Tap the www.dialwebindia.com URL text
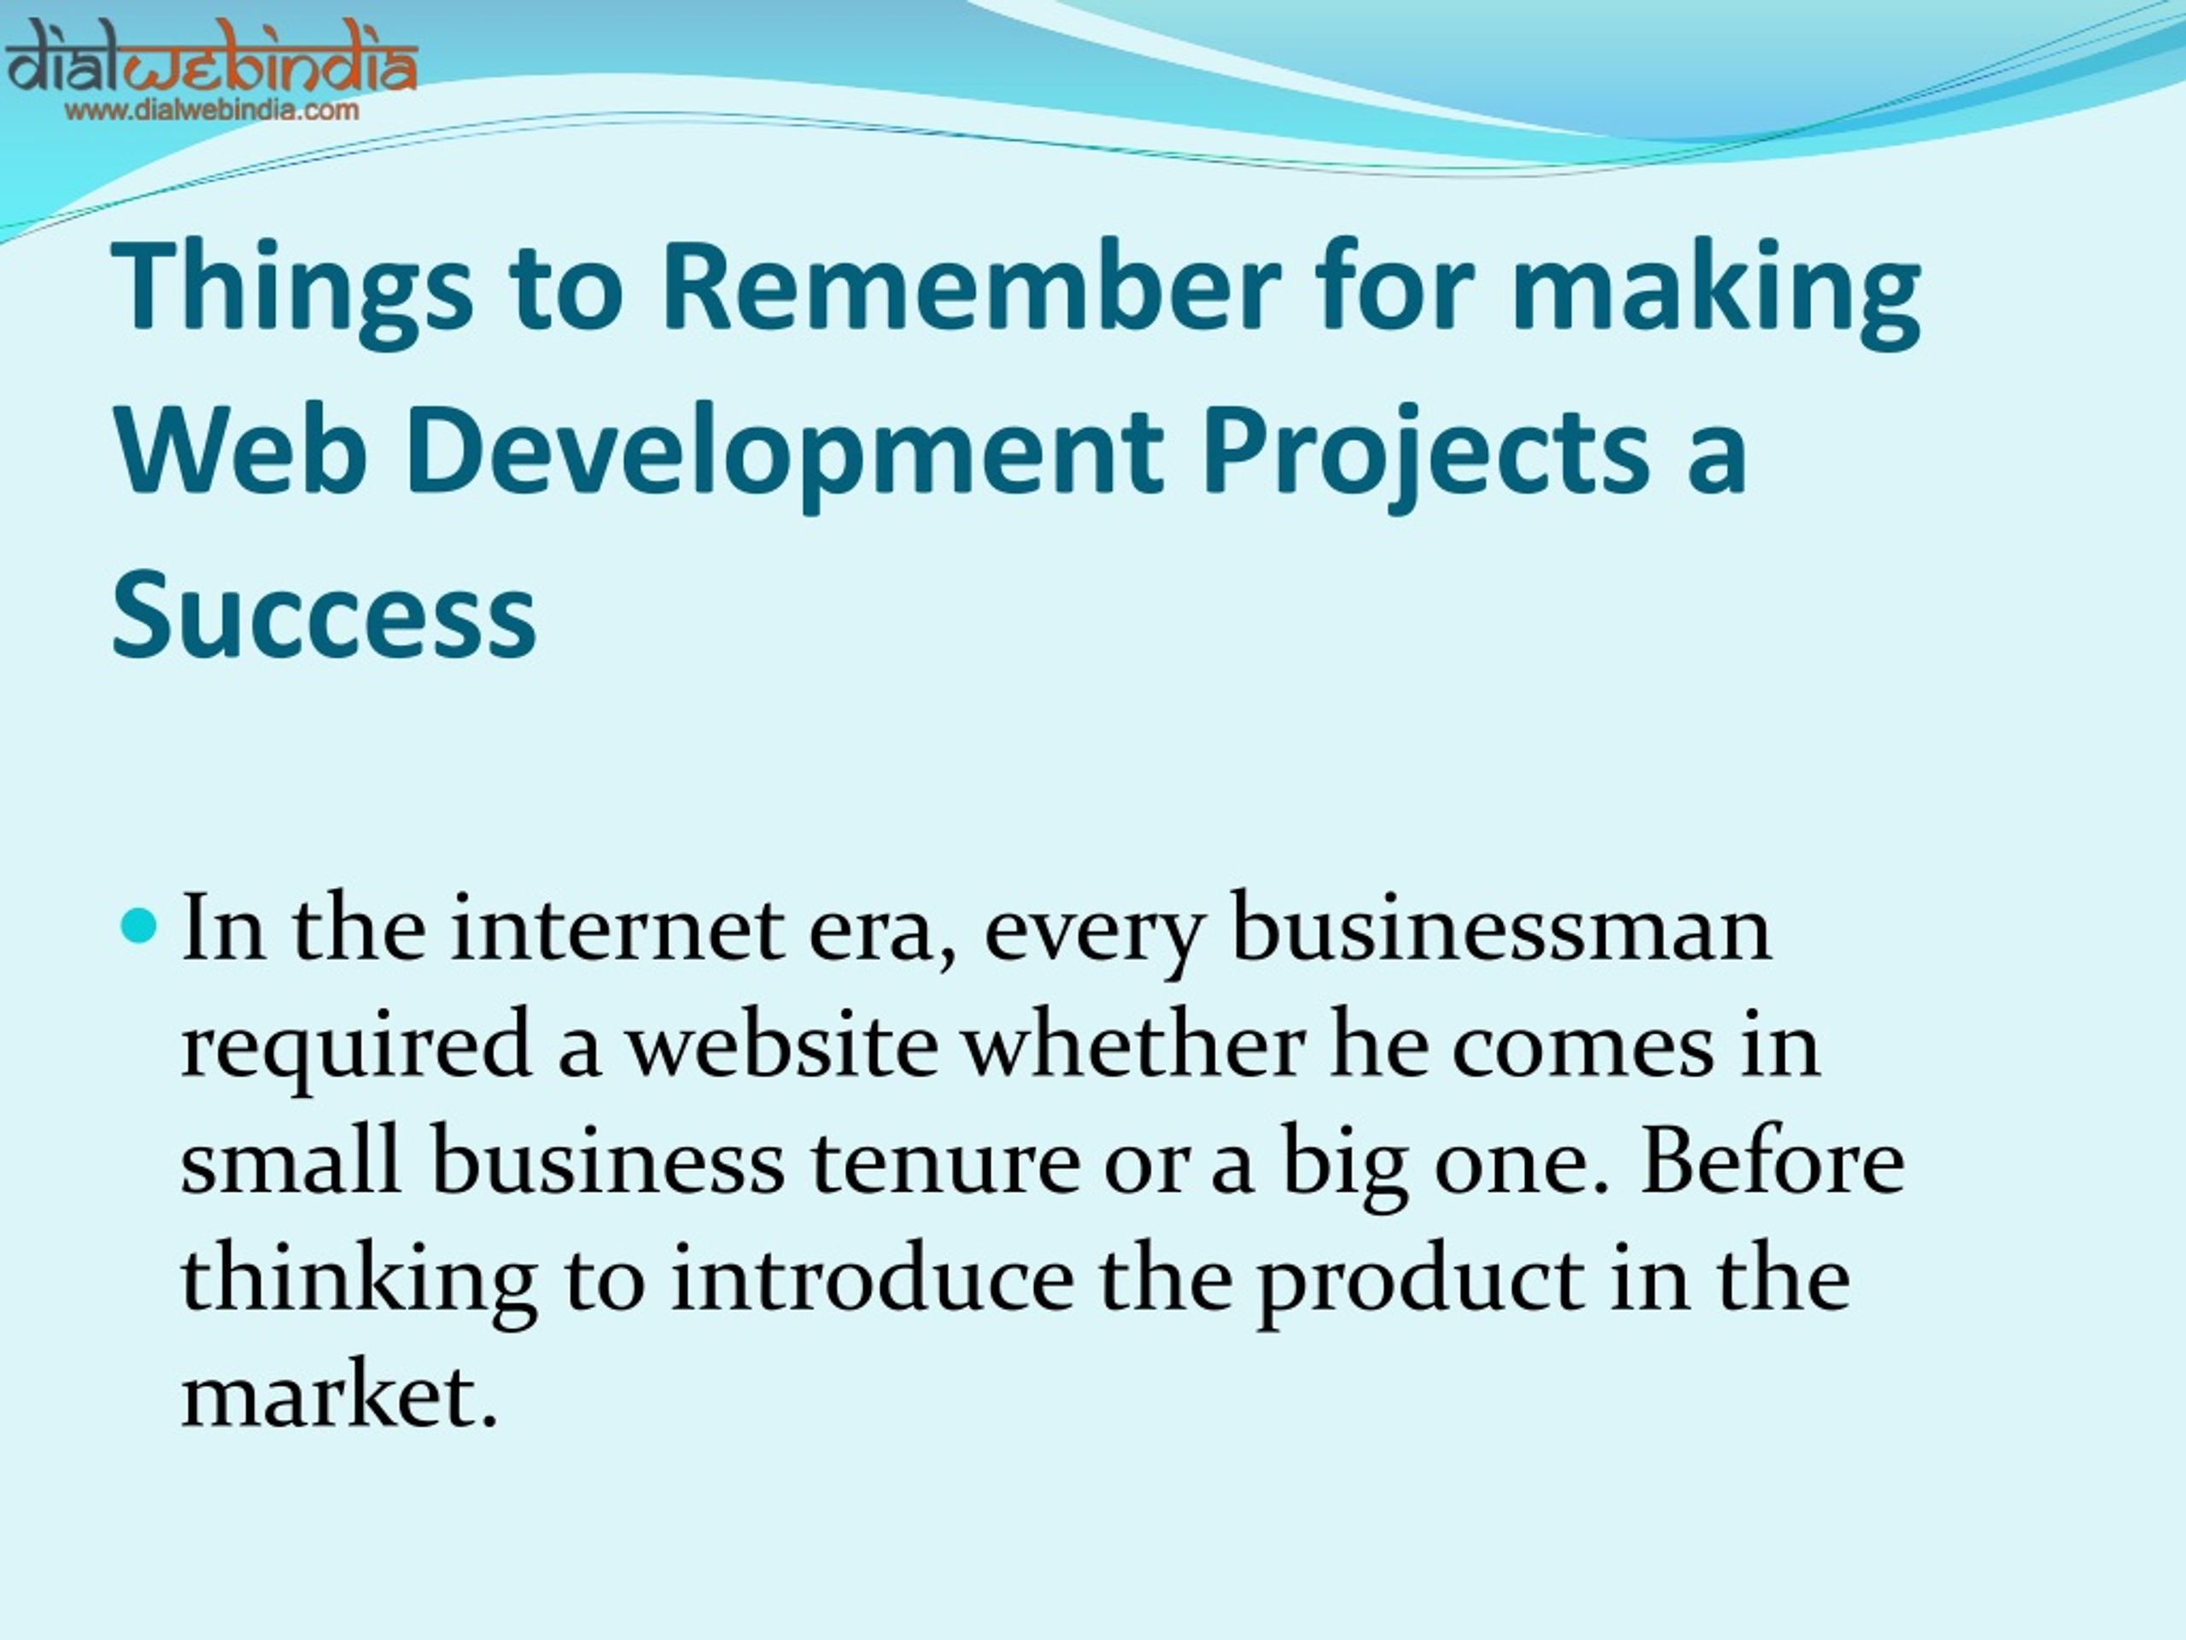coord(213,109)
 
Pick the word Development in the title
coord(785,457)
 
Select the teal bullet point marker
coord(139,925)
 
